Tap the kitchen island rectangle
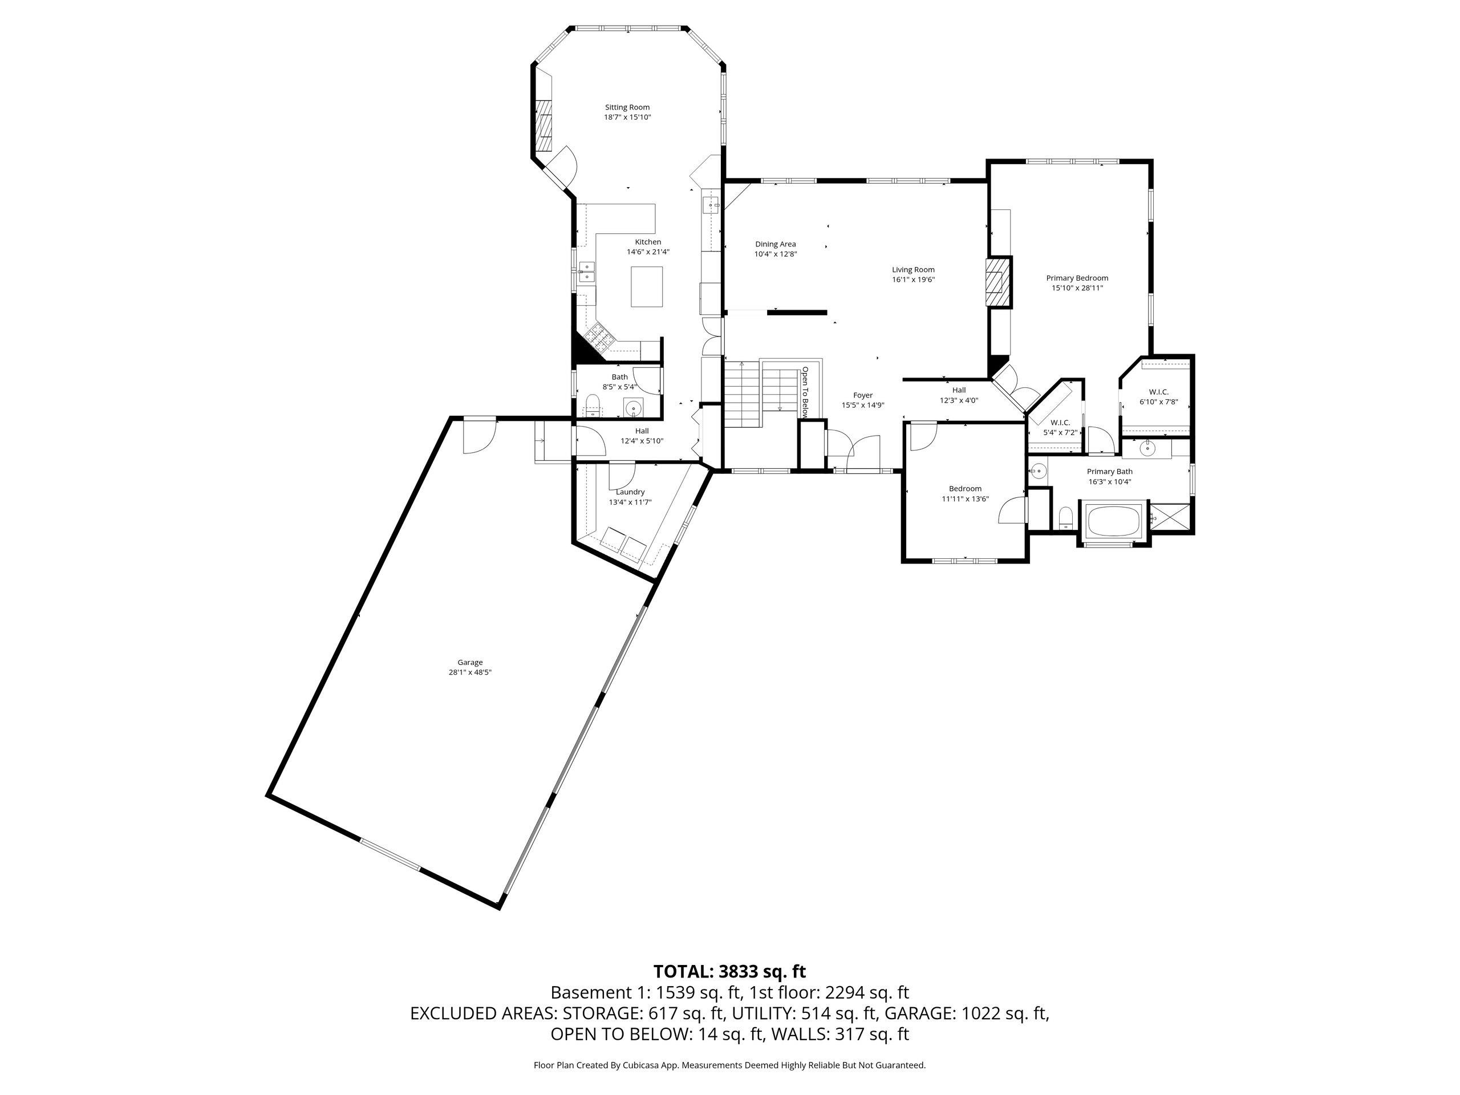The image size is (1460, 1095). [x=646, y=286]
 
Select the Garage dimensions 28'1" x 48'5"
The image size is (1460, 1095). [x=470, y=672]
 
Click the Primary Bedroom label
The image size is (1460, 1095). [x=1077, y=278]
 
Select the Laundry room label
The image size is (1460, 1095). [x=630, y=492]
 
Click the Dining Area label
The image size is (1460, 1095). [x=776, y=244]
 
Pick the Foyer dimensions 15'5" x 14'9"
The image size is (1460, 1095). [x=863, y=405]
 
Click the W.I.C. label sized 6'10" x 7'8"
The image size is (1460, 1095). [x=1158, y=392]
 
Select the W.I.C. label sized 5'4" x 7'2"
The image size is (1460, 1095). [x=1060, y=423]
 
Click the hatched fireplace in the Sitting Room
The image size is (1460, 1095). [x=543, y=127]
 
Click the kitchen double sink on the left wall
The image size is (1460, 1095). [x=124, y=271]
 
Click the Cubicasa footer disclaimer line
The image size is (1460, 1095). [x=729, y=1065]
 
